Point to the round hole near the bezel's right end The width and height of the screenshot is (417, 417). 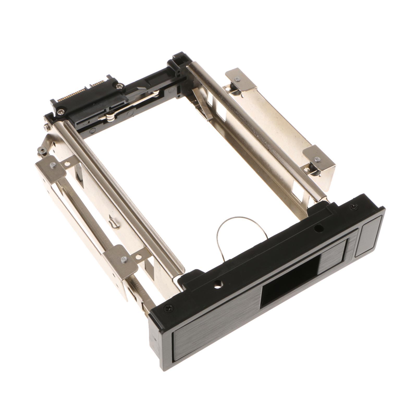(318, 229)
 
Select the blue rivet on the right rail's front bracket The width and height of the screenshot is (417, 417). (317, 159)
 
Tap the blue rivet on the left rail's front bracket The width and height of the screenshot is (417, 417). (124, 259)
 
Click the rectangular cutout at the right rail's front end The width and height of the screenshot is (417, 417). (300, 191)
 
